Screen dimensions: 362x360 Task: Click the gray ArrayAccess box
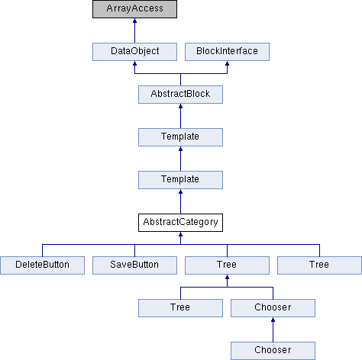point(134,9)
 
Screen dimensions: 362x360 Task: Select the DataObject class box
point(134,52)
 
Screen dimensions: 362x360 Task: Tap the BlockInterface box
point(227,52)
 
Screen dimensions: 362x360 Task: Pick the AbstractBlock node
point(180,95)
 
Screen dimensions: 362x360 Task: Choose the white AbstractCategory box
point(180,223)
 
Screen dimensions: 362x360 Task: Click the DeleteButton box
point(42,265)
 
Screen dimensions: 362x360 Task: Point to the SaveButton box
point(134,265)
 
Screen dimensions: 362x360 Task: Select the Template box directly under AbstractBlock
point(180,137)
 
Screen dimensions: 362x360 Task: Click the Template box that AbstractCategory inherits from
point(180,180)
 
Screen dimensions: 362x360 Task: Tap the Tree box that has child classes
point(227,265)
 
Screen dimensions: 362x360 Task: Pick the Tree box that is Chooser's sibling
point(180,308)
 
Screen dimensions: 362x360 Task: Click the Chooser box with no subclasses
point(273,351)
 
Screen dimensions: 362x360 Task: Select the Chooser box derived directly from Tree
point(273,308)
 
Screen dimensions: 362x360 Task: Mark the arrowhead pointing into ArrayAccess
point(134,21)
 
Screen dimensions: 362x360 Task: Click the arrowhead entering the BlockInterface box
point(227,63)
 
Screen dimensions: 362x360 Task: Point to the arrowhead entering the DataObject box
point(134,63)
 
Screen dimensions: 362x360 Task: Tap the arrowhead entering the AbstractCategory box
point(180,234)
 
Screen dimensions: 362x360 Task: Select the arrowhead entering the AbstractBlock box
point(180,106)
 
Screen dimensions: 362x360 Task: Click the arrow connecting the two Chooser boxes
point(273,329)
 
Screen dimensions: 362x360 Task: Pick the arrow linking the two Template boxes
point(180,159)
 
